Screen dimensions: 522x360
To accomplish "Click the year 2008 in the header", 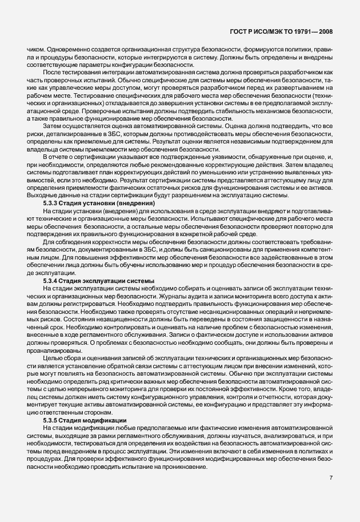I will (324, 33).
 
